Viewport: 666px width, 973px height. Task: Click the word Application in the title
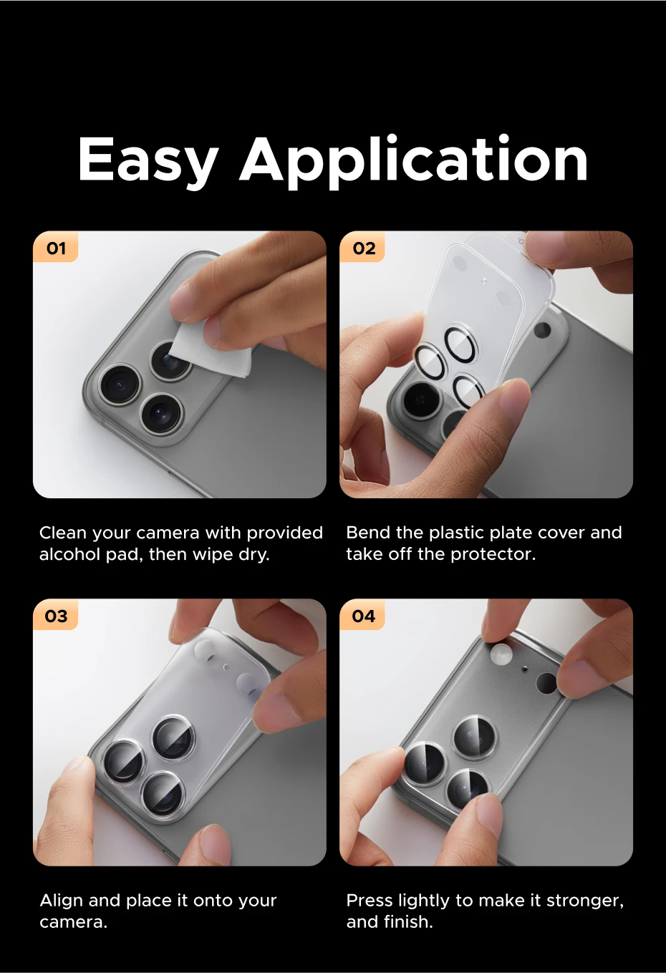[413, 162]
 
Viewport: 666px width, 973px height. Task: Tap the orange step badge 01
[56, 248]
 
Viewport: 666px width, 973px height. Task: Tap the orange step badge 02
[363, 248]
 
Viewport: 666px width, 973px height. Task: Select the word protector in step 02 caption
[493, 555]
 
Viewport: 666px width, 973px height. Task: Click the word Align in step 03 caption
[62, 901]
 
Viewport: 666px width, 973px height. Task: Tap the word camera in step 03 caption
[73, 922]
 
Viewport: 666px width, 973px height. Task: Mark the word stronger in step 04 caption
[585, 901]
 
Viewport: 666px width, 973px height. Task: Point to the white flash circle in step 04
[501, 654]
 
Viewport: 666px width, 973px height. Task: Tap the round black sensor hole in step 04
[546, 683]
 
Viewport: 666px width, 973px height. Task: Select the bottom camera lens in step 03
[163, 794]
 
